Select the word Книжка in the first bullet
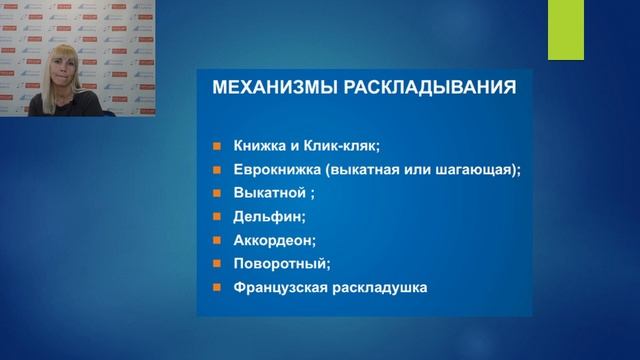click(x=259, y=143)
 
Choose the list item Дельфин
click(x=265, y=215)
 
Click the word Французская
click(x=281, y=287)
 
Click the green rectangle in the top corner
click(x=565, y=30)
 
